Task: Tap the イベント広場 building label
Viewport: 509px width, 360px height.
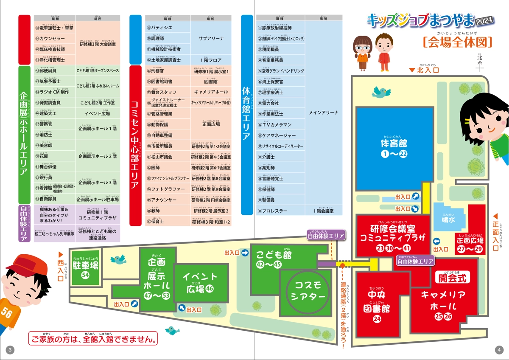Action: pos(200,283)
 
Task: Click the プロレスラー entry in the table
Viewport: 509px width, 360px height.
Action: pos(276,211)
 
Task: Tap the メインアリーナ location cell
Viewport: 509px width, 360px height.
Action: pos(323,113)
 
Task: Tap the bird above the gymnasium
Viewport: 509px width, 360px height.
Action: pos(381,91)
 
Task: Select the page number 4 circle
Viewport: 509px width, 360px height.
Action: pos(499,350)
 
